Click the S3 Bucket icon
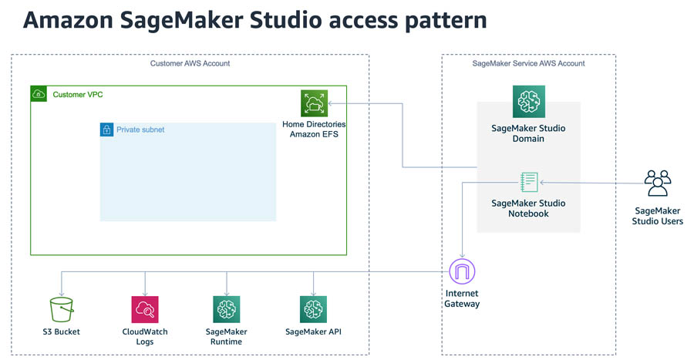[x=62, y=310]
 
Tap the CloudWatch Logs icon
[x=145, y=310]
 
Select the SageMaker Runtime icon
[x=226, y=310]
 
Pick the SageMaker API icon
[x=313, y=310]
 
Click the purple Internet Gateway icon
[x=461, y=271]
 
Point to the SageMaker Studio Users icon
[x=658, y=184]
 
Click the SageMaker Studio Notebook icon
[x=529, y=183]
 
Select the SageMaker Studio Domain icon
[x=529, y=101]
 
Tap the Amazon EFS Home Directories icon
[x=314, y=103]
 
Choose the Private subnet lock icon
[x=107, y=130]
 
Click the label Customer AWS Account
[x=190, y=63]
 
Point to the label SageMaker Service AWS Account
[x=528, y=63]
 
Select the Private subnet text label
[x=140, y=130]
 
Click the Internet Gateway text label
[x=461, y=298]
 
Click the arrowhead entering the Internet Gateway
[x=461, y=256]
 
